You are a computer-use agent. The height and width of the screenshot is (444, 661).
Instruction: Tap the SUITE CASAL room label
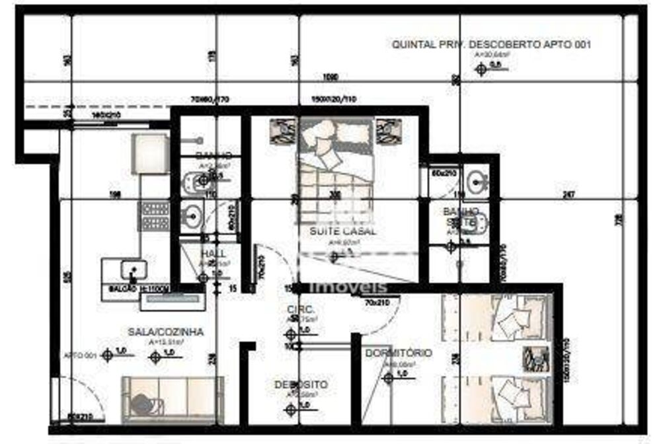click(x=342, y=231)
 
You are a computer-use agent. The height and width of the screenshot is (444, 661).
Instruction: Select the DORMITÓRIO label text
click(x=398, y=353)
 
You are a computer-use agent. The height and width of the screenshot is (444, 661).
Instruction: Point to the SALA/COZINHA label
click(x=165, y=332)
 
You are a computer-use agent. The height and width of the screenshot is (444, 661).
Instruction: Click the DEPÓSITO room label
click(x=301, y=384)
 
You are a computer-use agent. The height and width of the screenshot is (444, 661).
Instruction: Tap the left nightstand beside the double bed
click(x=282, y=131)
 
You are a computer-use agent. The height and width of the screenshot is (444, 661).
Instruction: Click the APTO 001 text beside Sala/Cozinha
click(x=80, y=355)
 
